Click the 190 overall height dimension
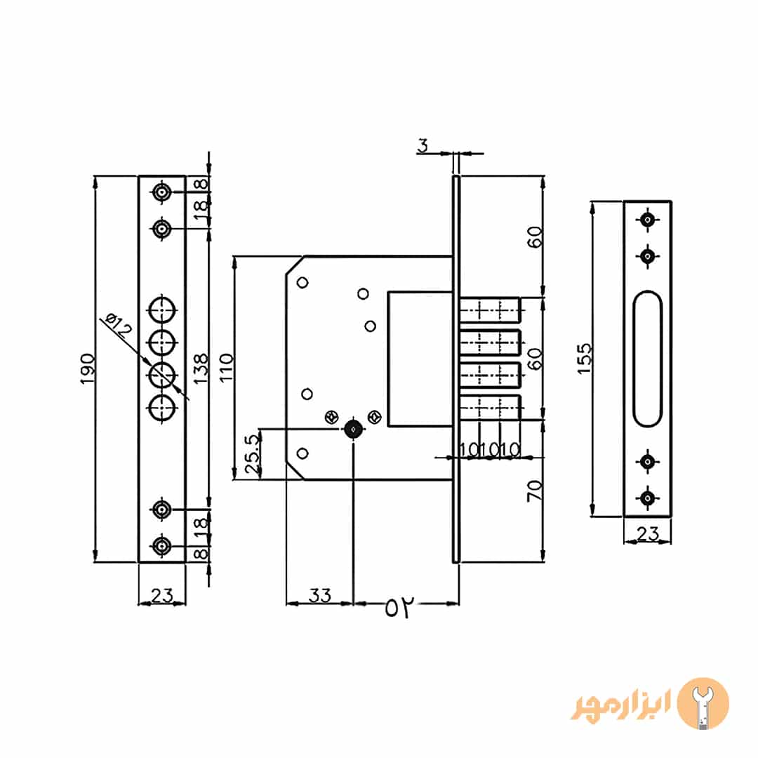pos(87,368)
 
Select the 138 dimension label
pos(201,368)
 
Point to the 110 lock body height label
pos(225,368)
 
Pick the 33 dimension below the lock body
pos(320,595)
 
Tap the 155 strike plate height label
pos(585,359)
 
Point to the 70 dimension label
pos(535,491)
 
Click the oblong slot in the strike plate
pos(647,360)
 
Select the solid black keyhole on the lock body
pos(353,429)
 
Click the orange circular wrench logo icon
pos(704,703)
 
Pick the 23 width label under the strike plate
pos(647,534)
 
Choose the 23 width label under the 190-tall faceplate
pos(162,595)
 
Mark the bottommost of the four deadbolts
pos(490,408)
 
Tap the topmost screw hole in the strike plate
pos(647,220)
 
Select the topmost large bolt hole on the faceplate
pos(162,308)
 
